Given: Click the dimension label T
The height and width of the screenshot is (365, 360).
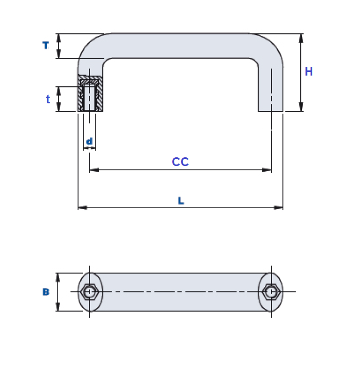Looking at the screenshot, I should [x=45, y=46].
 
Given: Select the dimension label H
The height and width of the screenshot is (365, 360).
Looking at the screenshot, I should [x=309, y=72].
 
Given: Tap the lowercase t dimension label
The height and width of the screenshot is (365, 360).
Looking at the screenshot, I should [x=48, y=100].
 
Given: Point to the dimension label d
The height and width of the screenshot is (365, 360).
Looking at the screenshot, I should [x=89, y=141].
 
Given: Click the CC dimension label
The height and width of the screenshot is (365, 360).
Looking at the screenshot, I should [x=180, y=162].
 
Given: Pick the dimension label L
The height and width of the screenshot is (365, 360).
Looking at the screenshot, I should [x=181, y=201].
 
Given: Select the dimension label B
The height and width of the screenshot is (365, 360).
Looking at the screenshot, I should [x=46, y=292].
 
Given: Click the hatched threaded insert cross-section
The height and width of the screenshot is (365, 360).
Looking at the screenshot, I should [x=90, y=94].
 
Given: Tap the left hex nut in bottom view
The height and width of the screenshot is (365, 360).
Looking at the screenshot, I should [x=89, y=292].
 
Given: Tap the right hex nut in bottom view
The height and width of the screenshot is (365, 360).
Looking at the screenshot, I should [x=271, y=292].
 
